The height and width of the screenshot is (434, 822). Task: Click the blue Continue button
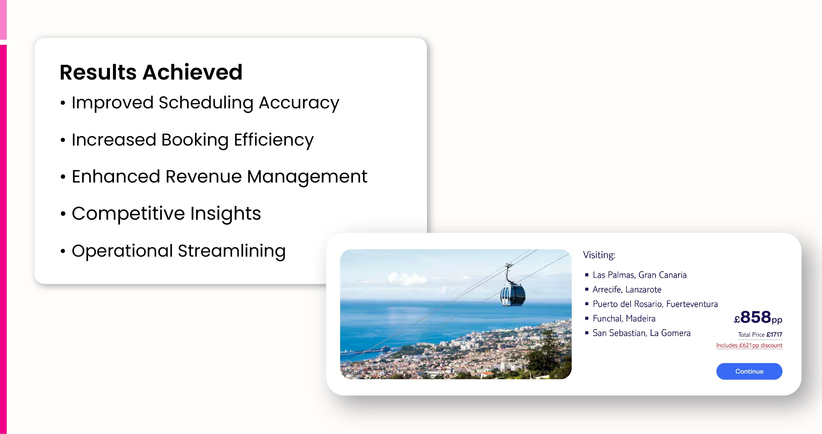[749, 371]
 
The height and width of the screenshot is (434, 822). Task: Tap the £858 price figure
[758, 317]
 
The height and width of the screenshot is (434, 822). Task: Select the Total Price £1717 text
[760, 335]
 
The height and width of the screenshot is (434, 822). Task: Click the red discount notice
[749, 345]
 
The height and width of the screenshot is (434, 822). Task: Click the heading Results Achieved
[151, 72]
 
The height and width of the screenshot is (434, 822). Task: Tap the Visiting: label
[599, 255]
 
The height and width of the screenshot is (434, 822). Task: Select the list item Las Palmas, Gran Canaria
[639, 275]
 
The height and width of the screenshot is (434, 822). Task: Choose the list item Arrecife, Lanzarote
[627, 289]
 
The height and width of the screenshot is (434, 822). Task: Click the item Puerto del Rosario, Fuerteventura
[655, 304]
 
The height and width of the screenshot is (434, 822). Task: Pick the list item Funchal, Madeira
[624, 318]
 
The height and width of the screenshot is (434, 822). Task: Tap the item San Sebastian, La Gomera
[641, 333]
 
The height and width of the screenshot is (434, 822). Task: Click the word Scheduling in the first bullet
[206, 103]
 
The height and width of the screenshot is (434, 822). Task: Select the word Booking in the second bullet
[195, 140]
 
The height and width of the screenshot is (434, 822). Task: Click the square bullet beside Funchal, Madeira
[586, 318]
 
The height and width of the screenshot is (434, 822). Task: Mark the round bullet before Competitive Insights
[63, 214]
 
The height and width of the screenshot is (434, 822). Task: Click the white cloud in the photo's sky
[405, 279]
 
